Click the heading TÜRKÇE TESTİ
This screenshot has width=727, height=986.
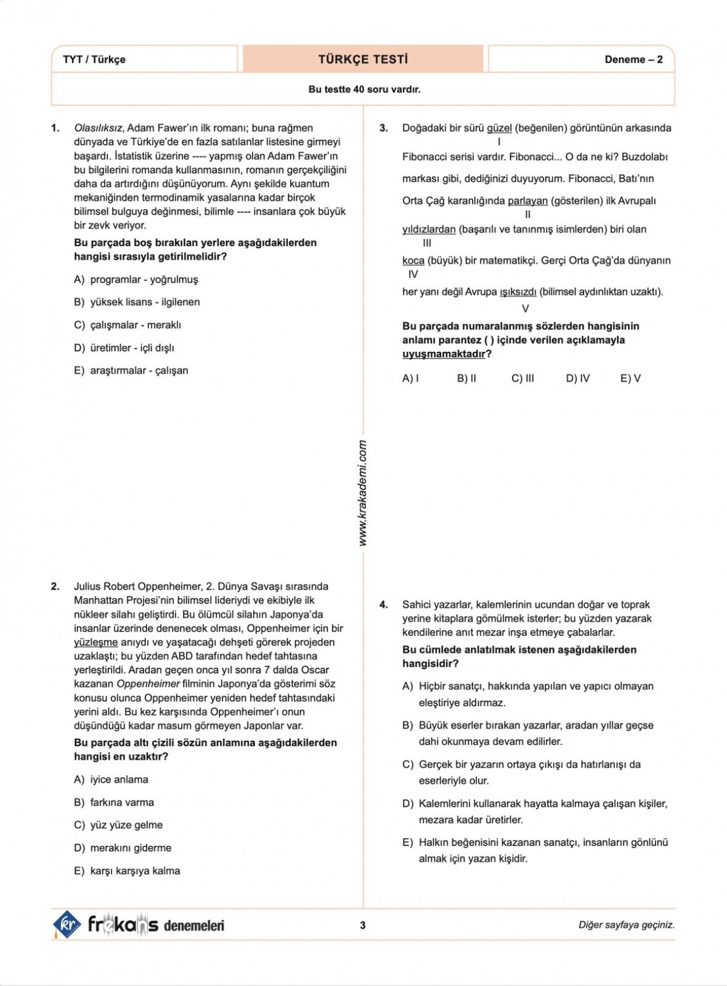(x=363, y=59)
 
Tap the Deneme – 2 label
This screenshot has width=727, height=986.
(x=633, y=59)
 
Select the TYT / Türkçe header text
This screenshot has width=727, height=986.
(x=94, y=59)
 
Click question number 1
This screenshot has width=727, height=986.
(x=55, y=128)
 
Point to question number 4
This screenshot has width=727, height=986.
(x=383, y=604)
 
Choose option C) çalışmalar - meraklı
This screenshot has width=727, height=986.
(x=127, y=325)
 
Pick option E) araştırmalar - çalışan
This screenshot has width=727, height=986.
(x=131, y=371)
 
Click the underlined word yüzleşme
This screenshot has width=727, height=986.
(x=96, y=643)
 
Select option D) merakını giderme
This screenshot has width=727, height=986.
(x=122, y=848)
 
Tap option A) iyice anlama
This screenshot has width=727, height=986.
(x=111, y=779)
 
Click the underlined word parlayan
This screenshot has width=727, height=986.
(x=527, y=201)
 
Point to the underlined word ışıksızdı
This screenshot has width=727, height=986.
(x=517, y=292)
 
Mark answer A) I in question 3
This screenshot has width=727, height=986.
(x=410, y=379)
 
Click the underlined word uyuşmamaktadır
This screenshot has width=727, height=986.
(x=443, y=354)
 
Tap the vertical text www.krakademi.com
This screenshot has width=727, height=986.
(x=363, y=493)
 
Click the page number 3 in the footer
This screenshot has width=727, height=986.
(x=363, y=925)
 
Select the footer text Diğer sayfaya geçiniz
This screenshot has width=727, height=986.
(x=626, y=925)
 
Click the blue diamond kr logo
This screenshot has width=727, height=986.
(x=67, y=924)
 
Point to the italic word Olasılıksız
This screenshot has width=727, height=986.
(x=99, y=128)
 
